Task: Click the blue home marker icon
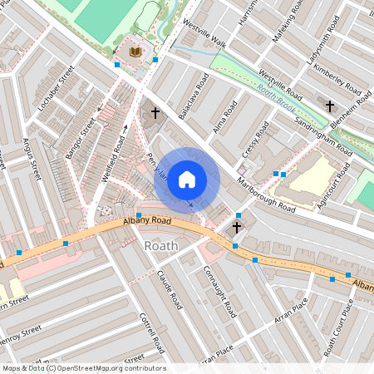[187, 180]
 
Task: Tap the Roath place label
[161, 246]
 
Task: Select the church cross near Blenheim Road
[330, 106]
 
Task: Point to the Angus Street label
[32, 159]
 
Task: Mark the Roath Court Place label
[339, 327]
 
